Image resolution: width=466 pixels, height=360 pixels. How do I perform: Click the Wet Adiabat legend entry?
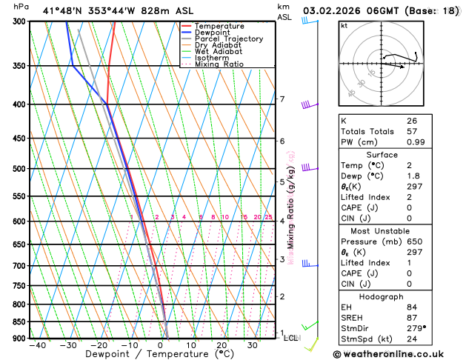click(x=219, y=51)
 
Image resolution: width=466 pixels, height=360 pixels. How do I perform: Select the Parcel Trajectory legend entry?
click(x=227, y=39)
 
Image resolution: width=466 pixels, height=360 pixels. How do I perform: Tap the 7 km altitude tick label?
click(x=282, y=99)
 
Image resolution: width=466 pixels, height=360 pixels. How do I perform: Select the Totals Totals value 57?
click(x=413, y=131)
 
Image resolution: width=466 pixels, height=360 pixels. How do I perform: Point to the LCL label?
click(x=292, y=338)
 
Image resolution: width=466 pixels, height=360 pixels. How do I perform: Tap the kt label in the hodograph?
click(x=343, y=26)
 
